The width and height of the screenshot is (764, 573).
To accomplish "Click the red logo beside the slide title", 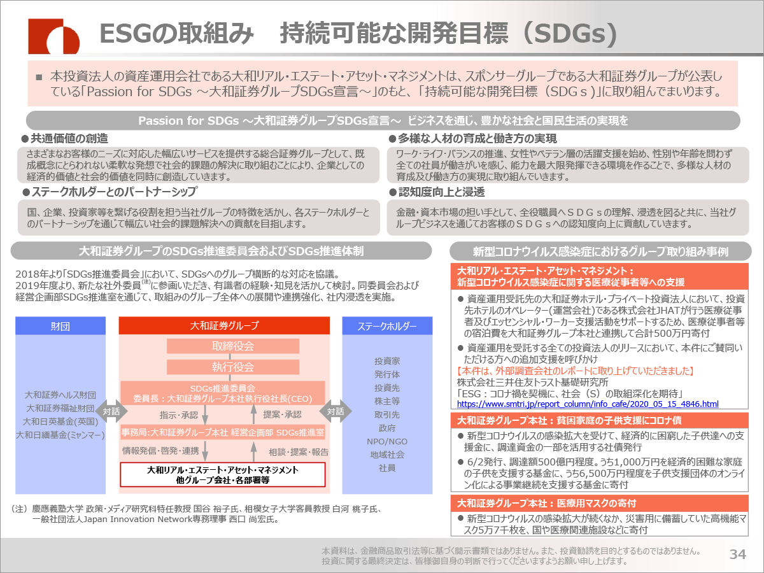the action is (x=53, y=36).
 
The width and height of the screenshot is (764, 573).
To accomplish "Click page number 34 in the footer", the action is (x=737, y=554).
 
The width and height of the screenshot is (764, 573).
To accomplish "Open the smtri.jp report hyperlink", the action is (x=588, y=404).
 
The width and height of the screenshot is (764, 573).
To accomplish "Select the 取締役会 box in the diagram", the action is (x=233, y=346).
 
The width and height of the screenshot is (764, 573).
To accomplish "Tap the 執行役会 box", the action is (x=233, y=367).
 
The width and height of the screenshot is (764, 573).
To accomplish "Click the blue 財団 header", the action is (x=60, y=326).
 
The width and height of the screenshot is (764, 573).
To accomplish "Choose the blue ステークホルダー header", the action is (x=387, y=326).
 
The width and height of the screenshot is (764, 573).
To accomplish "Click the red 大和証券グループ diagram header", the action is (x=224, y=325).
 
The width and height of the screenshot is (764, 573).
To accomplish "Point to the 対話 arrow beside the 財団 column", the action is (x=111, y=411).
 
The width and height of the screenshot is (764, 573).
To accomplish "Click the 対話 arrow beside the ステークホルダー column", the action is (x=336, y=411).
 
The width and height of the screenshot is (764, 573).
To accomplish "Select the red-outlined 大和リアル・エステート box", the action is (x=223, y=474).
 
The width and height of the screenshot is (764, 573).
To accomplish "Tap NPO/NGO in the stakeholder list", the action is (x=387, y=441).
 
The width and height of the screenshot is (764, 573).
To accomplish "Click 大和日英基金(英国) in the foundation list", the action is (x=60, y=421).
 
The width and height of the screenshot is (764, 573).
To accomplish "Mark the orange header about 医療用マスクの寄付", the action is (x=599, y=504).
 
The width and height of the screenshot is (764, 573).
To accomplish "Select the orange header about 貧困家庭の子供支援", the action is (x=599, y=421).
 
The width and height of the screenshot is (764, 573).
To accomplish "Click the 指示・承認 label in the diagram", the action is (x=178, y=414).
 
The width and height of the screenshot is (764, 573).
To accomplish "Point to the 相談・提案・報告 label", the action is (x=299, y=452).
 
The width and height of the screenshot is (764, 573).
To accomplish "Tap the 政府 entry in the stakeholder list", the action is (x=387, y=428).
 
